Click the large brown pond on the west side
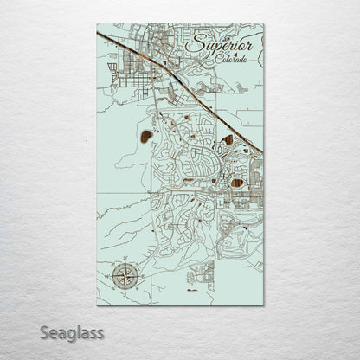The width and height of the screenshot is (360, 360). [144, 136]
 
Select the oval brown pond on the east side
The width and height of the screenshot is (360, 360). [237, 183]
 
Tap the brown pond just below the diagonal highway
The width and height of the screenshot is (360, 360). [228, 138]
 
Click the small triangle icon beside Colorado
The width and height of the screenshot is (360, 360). [244, 54]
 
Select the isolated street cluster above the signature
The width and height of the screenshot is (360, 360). [202, 276]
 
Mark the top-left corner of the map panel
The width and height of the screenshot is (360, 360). [97, 24]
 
